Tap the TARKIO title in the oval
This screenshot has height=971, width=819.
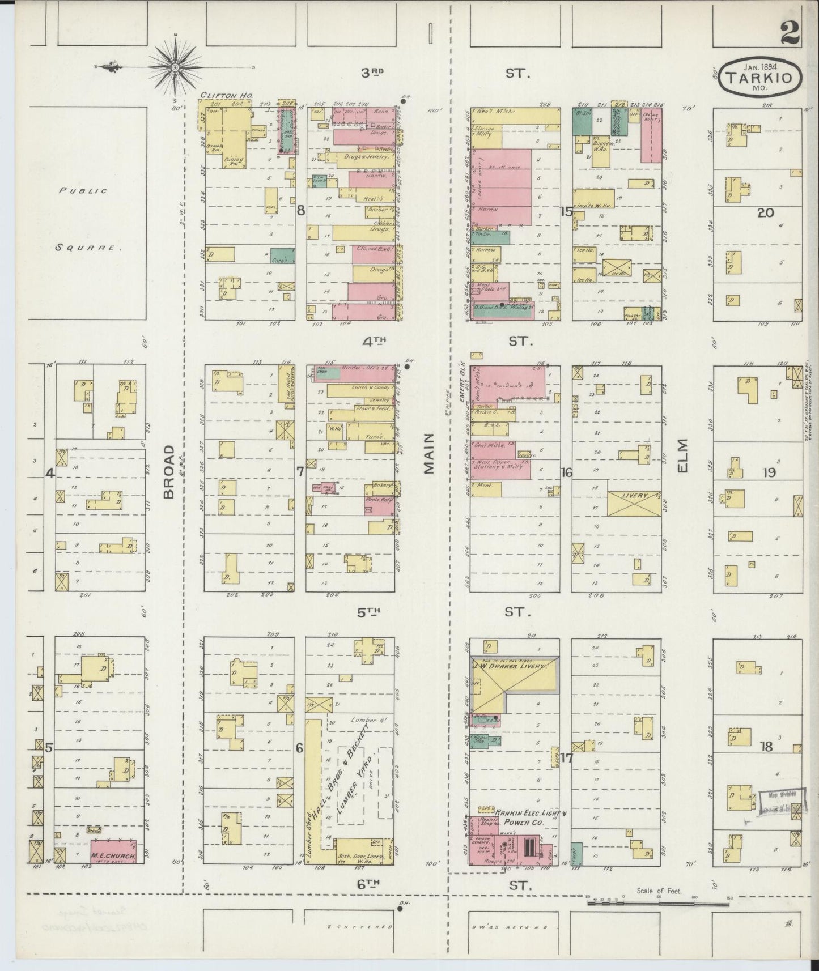[759, 78]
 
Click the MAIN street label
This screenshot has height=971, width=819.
[429, 453]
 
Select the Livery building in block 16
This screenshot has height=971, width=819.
[634, 503]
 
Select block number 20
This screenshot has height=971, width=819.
[765, 212]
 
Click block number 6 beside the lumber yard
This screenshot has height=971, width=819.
[299, 748]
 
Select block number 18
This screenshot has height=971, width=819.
[766, 747]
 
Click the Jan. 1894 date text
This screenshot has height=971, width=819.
[760, 65]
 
